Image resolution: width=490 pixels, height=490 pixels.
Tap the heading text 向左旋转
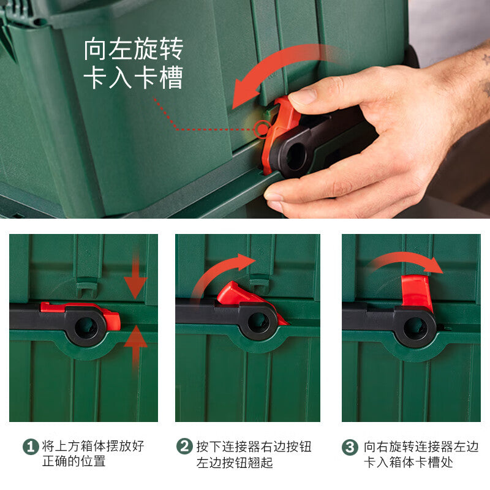tap(134, 49)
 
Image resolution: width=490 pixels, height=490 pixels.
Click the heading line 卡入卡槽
tap(134, 77)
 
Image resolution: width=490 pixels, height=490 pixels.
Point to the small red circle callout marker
tap(262, 129)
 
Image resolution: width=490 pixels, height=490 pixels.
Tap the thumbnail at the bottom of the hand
tap(273, 197)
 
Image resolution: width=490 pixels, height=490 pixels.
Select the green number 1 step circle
tap(31, 447)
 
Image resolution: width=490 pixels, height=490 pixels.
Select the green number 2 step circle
tap(185, 447)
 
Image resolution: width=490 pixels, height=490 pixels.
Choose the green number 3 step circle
tap(350, 447)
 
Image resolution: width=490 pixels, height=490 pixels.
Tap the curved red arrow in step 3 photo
tap(406, 259)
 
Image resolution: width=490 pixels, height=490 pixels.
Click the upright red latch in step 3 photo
tap(417, 292)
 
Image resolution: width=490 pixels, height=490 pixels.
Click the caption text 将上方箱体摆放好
tap(93, 446)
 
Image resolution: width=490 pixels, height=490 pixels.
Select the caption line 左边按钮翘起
tap(235, 462)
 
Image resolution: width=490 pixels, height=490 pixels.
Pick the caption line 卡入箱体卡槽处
tap(409, 462)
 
